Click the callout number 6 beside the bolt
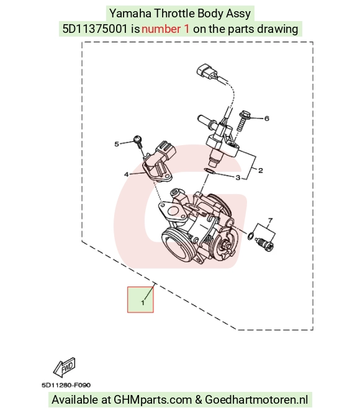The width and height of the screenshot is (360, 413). point(267,118)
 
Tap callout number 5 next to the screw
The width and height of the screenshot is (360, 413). point(117,144)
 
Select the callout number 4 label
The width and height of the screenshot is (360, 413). point(127,174)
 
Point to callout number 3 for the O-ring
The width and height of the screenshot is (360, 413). point(238,178)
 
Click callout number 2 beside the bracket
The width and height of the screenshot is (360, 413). point(261,171)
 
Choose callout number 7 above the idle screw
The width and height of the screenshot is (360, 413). point(270,220)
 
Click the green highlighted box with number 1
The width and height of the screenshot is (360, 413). point(140,300)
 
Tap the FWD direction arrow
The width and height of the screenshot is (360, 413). point(65,367)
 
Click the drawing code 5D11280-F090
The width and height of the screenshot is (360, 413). point(66,385)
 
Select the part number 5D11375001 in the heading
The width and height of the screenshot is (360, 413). point(95,29)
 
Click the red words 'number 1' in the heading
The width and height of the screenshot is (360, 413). point(166,29)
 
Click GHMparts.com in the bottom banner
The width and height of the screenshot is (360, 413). point(153,400)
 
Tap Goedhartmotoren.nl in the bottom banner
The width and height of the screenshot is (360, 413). point(256,400)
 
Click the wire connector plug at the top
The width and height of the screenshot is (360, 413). point(207,71)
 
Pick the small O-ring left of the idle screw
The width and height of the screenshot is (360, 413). point(251,236)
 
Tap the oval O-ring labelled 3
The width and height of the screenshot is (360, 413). point(210,172)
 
